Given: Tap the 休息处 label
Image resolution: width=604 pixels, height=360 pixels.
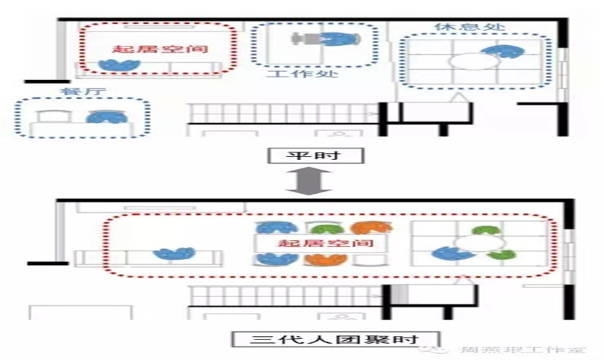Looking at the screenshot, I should tap(470, 27).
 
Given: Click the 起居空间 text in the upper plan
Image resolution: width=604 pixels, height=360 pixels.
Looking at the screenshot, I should tap(160, 49).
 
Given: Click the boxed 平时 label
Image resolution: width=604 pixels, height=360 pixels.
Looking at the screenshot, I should tap(314, 155).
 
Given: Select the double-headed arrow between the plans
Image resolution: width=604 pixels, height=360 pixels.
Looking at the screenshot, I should tap(314, 180).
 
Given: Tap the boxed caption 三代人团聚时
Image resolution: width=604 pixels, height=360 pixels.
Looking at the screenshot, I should tap(334, 339).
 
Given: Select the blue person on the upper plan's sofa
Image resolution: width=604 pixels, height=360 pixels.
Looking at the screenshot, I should tap(119, 64).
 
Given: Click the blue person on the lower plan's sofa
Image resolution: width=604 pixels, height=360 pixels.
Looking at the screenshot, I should tap(174, 254).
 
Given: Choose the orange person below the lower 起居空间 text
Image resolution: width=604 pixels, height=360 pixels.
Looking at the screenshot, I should tap(327, 259).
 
